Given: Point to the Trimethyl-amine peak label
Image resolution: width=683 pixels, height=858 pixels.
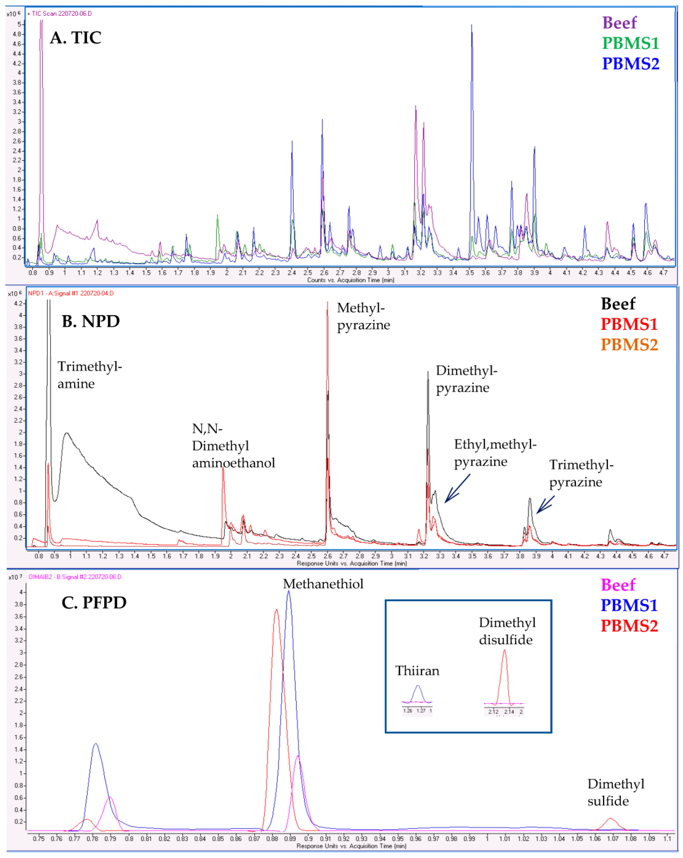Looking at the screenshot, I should pyautogui.click(x=90, y=375).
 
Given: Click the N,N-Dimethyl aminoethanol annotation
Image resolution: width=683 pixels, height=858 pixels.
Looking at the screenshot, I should pyautogui.click(x=233, y=446).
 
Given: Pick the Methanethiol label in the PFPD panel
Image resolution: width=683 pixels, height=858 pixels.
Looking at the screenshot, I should pyautogui.click(x=323, y=584).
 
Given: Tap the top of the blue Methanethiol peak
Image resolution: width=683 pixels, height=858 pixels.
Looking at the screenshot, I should pyautogui.click(x=289, y=592).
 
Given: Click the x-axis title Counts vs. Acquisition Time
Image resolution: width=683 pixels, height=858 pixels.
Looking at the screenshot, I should pyautogui.click(x=350, y=280).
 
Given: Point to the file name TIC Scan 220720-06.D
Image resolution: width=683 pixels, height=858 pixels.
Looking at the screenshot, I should pyautogui.click(x=61, y=14).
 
